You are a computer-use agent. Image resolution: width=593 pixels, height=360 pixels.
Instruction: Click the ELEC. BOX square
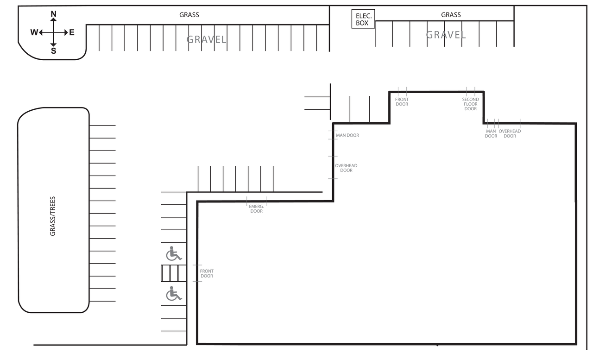coord(363,19)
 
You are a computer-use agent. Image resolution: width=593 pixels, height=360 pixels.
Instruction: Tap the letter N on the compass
coord(53,14)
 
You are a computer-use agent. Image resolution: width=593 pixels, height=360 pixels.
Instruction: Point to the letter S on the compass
coord(53,51)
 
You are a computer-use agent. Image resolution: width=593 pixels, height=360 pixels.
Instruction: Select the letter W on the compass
coord(34,32)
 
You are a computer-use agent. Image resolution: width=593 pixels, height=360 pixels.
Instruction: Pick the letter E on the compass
coord(72,32)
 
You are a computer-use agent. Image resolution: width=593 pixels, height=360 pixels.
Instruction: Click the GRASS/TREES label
coord(53,216)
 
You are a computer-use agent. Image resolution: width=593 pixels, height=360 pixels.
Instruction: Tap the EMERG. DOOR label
coord(256,208)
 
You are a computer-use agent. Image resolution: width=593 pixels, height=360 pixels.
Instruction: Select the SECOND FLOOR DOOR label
coord(470,104)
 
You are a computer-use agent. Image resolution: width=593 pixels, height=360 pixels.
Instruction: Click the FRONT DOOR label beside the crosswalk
coord(207,273)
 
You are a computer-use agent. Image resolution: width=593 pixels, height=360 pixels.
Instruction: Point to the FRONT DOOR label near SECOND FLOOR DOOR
coord(402,101)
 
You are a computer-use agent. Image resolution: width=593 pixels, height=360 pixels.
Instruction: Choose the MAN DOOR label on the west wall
coord(347,135)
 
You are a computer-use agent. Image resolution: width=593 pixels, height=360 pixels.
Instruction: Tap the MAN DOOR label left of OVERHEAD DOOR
coord(491,133)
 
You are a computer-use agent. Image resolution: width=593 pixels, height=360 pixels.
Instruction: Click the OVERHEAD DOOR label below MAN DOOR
coord(346,168)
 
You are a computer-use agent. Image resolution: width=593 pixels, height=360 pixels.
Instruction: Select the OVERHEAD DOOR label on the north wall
coord(510,133)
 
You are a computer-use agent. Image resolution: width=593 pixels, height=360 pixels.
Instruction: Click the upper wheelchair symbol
coord(174,253)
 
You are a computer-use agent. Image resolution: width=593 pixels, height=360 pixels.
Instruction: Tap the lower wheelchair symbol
coord(174,294)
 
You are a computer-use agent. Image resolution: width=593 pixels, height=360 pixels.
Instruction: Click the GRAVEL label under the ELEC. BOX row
coord(446,35)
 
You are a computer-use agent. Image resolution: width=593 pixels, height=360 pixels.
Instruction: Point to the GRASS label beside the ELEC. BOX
coord(451,15)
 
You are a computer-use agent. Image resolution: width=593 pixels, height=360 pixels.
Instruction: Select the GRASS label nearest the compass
coord(189,15)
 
